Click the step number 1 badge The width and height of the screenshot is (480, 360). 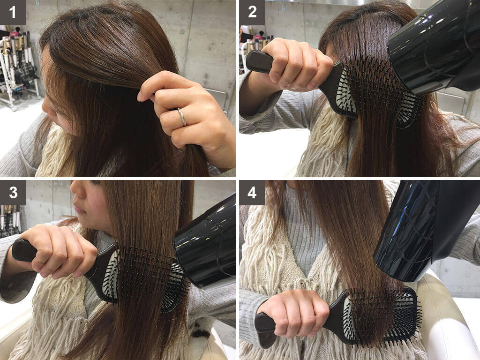click(x=13, y=12)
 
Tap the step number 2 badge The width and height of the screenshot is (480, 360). click(x=252, y=12)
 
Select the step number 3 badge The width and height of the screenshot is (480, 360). click(x=13, y=193)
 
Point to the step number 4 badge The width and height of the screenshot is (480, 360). click(x=252, y=193)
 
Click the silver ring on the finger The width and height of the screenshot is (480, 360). click(x=182, y=117)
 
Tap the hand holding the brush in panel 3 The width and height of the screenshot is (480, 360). click(x=57, y=251)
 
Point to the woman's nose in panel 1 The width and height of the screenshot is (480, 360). click(x=46, y=105)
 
